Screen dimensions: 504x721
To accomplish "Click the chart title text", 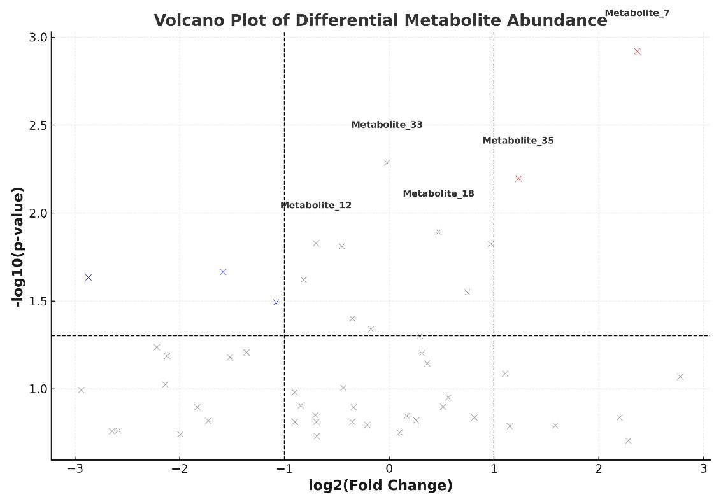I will [x=380, y=20].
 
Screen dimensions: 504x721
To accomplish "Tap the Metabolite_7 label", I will [x=637, y=13].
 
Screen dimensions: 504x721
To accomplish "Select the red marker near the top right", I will [x=637, y=52].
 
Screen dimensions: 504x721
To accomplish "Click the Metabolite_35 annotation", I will [x=518, y=141].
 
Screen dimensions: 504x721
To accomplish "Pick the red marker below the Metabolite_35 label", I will [x=518, y=179].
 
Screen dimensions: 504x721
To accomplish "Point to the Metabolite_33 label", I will [x=387, y=125].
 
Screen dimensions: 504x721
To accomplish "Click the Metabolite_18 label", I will [x=438, y=193].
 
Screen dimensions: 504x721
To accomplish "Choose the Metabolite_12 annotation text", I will [x=316, y=205].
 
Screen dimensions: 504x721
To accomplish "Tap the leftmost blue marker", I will [x=89, y=277].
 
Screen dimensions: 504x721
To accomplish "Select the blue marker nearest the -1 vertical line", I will [x=276, y=302].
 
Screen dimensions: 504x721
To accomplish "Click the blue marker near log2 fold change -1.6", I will [x=223, y=272].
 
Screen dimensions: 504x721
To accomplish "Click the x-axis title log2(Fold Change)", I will [x=380, y=486].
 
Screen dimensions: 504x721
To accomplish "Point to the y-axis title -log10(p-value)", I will [x=20, y=247].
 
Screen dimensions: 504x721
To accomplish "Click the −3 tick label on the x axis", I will [x=75, y=469].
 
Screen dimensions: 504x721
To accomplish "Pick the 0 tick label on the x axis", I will [x=389, y=469].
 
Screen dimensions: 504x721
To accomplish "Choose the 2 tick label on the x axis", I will [x=599, y=469].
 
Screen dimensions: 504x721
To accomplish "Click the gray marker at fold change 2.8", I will [x=680, y=377].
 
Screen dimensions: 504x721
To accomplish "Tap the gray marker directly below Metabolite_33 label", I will [x=387, y=163].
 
